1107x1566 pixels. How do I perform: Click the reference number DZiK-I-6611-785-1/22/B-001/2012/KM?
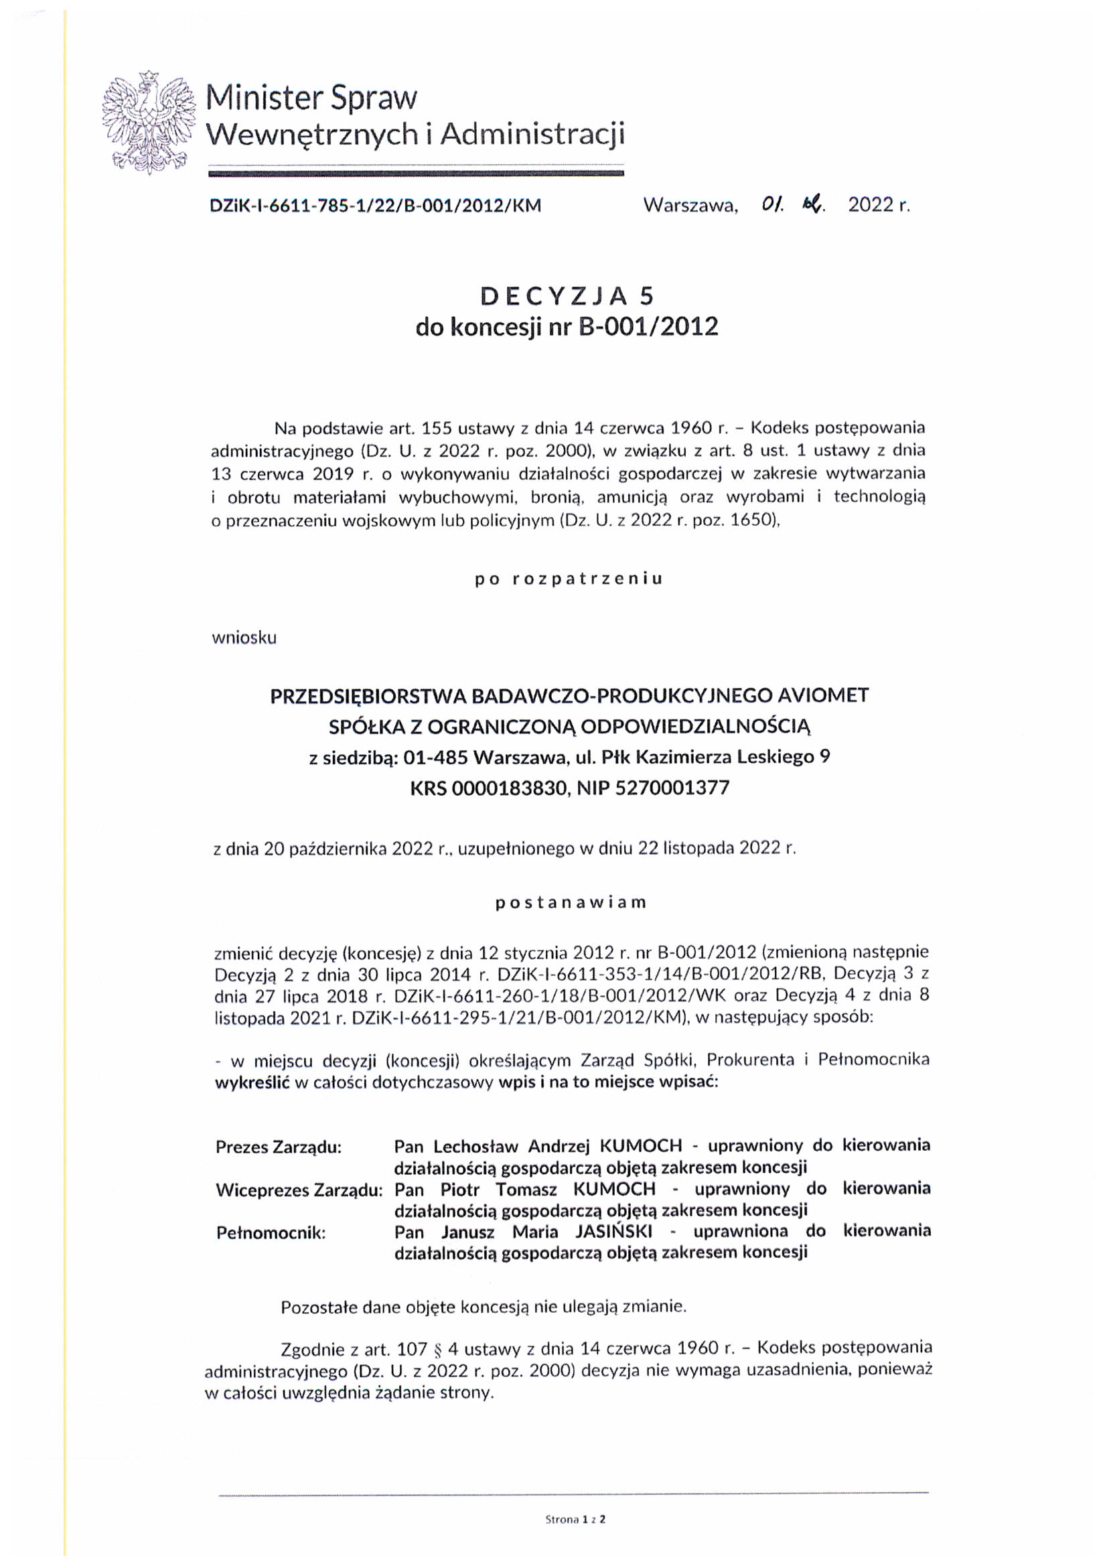pos(375,206)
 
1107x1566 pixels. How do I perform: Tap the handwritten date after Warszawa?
pos(793,204)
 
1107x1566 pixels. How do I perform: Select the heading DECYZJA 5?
pos(567,295)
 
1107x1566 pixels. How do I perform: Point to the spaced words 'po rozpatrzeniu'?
pos(569,579)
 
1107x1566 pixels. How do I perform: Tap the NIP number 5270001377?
pos(672,788)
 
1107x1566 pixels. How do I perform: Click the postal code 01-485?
pos(435,757)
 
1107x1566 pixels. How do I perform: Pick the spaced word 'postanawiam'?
pos(570,902)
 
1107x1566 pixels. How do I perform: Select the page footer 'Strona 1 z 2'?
pos(575,1519)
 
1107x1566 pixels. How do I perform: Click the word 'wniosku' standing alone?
pos(244,638)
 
